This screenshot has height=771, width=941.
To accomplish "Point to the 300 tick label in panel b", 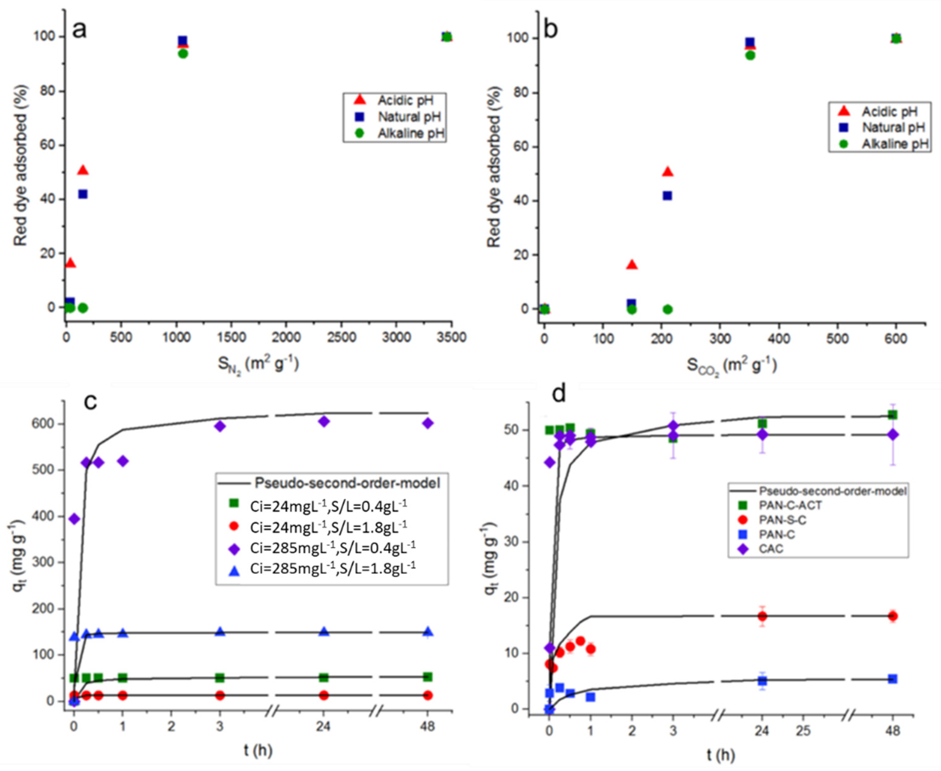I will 720,339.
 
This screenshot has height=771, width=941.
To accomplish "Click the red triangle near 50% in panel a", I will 83,170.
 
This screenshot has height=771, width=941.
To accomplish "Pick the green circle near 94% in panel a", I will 182,53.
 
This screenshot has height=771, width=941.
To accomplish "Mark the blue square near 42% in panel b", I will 667,195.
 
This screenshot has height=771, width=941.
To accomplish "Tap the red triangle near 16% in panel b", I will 632,265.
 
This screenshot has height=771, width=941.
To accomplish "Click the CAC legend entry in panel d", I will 771,548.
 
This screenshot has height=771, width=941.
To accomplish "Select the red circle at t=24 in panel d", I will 762,616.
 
